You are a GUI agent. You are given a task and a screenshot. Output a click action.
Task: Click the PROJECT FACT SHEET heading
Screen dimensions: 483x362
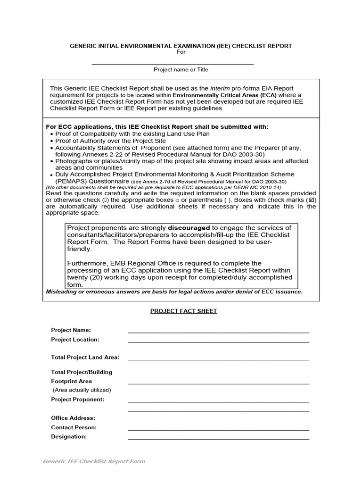pyautogui.click(x=183, y=311)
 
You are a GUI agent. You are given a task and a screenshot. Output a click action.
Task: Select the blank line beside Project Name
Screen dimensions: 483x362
pyautogui.click(x=218, y=332)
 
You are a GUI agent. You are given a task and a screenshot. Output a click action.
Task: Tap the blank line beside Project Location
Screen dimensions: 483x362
pyautogui.click(x=218, y=341)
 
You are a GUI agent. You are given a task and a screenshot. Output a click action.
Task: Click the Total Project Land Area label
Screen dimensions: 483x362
pyautogui.click(x=85, y=358)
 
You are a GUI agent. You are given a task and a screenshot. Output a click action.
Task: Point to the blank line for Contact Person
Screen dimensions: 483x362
pyautogui.click(x=218, y=430)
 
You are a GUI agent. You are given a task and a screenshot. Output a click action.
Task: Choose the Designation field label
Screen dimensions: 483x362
pyautogui.click(x=69, y=437)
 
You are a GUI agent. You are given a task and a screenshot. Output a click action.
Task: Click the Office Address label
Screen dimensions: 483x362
pyautogui.click(x=73, y=418)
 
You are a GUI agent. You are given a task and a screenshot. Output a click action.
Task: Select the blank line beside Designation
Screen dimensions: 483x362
pyautogui.click(x=218, y=439)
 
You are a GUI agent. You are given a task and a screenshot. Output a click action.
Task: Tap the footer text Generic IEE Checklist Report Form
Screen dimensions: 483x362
pyautogui.click(x=94, y=461)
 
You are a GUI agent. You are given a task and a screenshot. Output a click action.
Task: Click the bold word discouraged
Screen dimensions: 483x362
pyautogui.click(x=189, y=228)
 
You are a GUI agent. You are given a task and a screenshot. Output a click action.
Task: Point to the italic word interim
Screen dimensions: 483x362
pyautogui.click(x=220, y=88)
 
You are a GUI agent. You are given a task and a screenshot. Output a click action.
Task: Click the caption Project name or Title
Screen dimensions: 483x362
pyautogui.click(x=181, y=69)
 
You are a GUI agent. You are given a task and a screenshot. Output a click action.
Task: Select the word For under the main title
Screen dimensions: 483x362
pyautogui.click(x=181, y=52)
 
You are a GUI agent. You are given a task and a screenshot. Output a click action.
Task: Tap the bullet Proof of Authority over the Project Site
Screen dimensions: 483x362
pyautogui.click(x=110, y=141)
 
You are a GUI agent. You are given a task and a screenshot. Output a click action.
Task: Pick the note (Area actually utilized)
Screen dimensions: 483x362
pyautogui.click(x=82, y=390)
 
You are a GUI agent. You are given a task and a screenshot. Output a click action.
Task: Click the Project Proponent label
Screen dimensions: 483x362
pyautogui.click(x=78, y=400)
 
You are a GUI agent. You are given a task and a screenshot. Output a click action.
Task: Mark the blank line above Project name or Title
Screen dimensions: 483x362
pyautogui.click(x=173, y=64)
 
